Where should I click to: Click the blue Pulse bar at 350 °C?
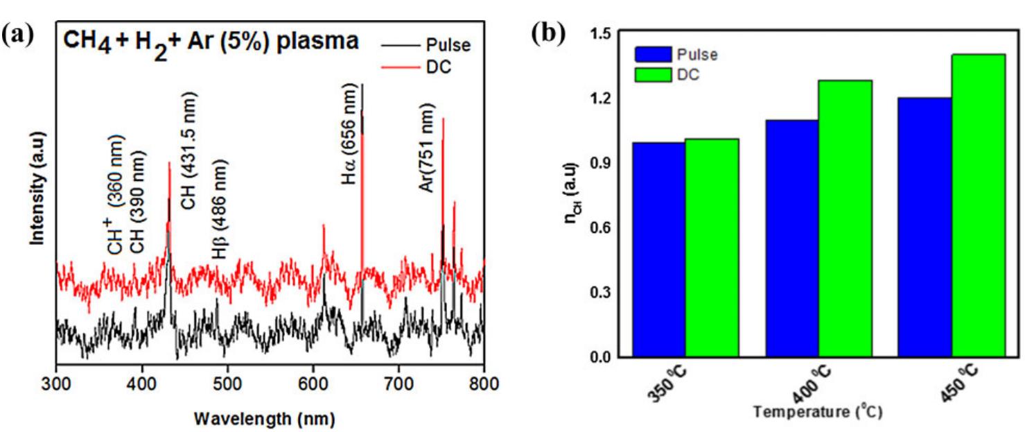click(658, 250)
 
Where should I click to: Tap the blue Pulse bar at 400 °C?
click(791, 239)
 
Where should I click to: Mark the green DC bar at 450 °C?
click(979, 205)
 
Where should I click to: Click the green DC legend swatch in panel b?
click(653, 75)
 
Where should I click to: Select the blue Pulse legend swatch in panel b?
click(653, 55)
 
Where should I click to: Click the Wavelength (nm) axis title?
click(265, 419)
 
